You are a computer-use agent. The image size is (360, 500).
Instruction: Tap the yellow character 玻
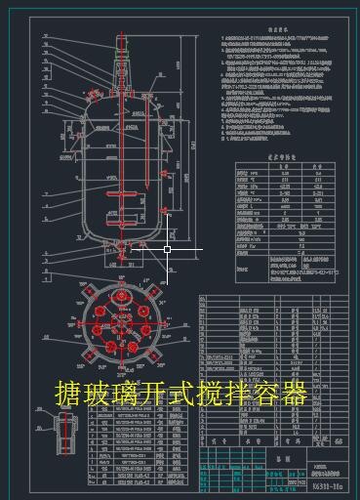point(98,394)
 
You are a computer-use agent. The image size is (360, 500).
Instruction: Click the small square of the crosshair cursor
point(167,249)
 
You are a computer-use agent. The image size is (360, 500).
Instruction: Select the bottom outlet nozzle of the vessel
point(122,256)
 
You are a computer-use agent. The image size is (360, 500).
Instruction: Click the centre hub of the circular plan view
point(122,323)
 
